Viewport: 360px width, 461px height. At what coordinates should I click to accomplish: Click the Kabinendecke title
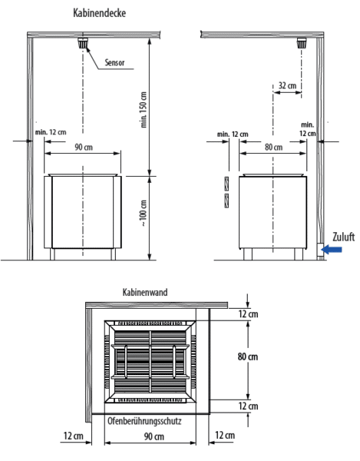(99, 13)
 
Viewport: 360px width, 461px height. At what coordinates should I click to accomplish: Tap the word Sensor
(114, 62)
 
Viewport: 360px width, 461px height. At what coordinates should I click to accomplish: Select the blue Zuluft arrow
(332, 250)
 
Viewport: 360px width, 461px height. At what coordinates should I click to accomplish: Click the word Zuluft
(344, 237)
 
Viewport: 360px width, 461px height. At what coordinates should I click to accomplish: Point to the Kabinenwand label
(145, 293)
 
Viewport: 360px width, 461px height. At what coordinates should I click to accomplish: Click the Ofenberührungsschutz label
(144, 421)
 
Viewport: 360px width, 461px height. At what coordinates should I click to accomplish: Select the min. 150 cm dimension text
(144, 110)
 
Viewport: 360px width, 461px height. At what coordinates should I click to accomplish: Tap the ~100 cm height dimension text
(144, 214)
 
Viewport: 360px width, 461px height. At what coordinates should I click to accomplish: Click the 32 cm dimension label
(287, 85)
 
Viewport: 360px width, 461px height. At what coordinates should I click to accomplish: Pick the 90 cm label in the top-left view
(84, 147)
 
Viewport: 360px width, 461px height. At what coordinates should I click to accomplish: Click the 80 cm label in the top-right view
(273, 147)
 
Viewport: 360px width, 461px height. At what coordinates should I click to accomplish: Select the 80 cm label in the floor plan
(247, 357)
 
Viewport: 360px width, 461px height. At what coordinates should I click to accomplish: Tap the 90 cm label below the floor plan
(154, 436)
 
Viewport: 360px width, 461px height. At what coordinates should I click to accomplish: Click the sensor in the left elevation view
(83, 43)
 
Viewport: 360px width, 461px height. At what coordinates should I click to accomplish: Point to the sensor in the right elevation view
(302, 43)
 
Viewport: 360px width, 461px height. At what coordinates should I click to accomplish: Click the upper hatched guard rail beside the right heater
(226, 184)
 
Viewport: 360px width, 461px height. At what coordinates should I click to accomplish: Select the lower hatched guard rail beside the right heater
(226, 201)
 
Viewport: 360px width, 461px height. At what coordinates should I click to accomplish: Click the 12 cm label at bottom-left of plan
(74, 436)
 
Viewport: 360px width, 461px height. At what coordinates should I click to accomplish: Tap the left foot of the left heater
(52, 254)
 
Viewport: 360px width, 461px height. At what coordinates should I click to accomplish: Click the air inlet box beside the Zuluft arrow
(320, 251)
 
